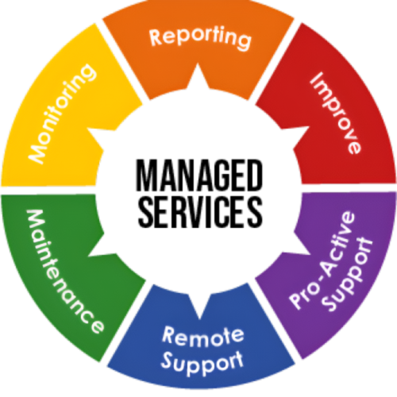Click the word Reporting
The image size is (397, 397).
200,37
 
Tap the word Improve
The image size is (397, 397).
336,114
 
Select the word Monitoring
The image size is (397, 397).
62,114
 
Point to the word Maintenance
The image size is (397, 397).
64,271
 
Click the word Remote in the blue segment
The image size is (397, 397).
202,336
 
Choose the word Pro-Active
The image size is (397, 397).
322,260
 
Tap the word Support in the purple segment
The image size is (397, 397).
348,276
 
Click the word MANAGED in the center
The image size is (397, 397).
199,175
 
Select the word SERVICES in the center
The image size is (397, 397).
200,212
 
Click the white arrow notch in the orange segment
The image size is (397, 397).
198,77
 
